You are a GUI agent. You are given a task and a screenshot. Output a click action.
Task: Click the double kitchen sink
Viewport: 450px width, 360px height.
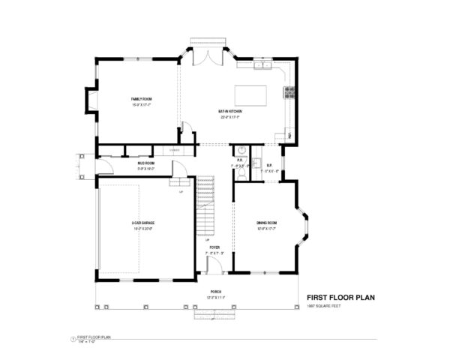[x=262, y=67]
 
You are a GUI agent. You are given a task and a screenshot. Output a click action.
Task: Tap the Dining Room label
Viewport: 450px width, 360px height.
[x=266, y=223]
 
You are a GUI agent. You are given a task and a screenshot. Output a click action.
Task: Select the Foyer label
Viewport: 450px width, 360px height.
[x=214, y=246]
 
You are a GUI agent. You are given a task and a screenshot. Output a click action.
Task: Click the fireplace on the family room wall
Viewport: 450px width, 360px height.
[x=91, y=99]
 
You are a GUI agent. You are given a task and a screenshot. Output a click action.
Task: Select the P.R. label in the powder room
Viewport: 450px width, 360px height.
[x=240, y=159]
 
